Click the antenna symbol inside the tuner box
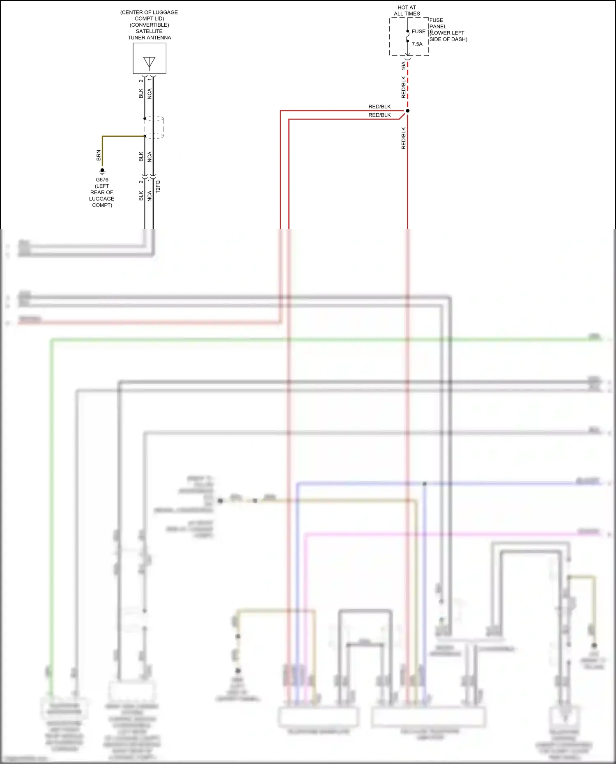pyautogui.click(x=149, y=62)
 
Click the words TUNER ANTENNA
pyautogui.click(x=149, y=38)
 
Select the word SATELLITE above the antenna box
pyautogui.click(x=149, y=31)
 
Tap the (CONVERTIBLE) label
pyautogui.click(x=149, y=25)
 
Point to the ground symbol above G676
pyautogui.click(x=102, y=171)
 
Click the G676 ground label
pyautogui.click(x=102, y=180)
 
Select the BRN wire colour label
pyautogui.click(x=99, y=155)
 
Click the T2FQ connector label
pyautogui.click(x=158, y=187)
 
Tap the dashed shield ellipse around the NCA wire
pyautogui.click(x=154, y=127)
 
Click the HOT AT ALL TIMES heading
pyautogui.click(x=407, y=11)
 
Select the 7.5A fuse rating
pyautogui.click(x=417, y=44)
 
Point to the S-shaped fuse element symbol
pyautogui.click(x=407, y=37)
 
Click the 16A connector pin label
pyautogui.click(x=403, y=66)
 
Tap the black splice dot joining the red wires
pyautogui.click(x=407, y=111)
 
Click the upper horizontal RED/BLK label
pyautogui.click(x=379, y=107)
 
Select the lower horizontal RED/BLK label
pyautogui.click(x=379, y=115)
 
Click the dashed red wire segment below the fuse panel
pyautogui.click(x=407, y=86)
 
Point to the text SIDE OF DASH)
pyautogui.click(x=448, y=39)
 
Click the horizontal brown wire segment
pyautogui.click(x=123, y=136)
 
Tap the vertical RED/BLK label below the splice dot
pyautogui.click(x=403, y=138)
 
